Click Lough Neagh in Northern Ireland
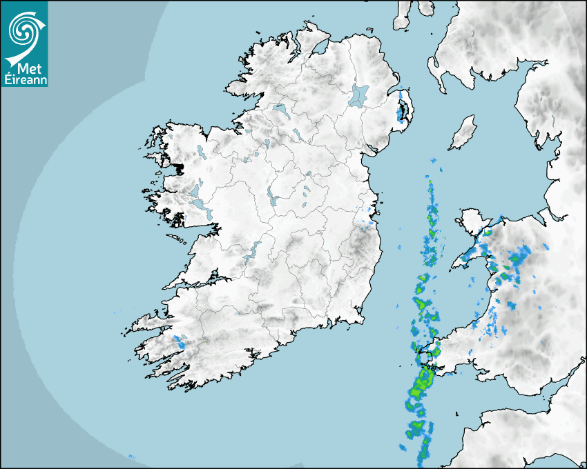(358, 95)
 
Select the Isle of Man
(463, 132)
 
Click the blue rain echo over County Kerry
(180, 341)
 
